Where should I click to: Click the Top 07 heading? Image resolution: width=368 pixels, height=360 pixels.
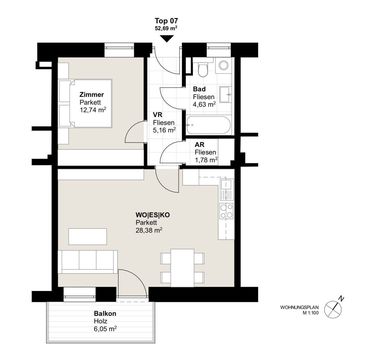(166, 21)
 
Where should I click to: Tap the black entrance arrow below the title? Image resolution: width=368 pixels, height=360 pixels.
(167, 39)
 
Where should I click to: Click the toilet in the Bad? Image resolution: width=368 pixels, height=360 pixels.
(203, 69)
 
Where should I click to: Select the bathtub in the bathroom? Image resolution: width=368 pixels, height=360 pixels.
(208, 125)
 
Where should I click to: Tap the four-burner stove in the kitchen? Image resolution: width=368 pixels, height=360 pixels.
(226, 211)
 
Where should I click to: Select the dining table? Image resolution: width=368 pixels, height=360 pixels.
(182, 268)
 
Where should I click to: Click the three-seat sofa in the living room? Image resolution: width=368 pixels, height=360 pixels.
(88, 262)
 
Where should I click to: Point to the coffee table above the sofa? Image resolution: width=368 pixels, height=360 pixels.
(88, 237)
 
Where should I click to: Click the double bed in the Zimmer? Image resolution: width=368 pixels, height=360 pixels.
(85, 103)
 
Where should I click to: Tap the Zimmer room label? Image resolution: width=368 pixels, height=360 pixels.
(92, 95)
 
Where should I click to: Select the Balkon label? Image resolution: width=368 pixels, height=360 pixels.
(105, 314)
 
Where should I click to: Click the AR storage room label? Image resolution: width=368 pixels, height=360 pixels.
(199, 145)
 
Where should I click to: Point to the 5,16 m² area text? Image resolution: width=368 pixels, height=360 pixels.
(164, 130)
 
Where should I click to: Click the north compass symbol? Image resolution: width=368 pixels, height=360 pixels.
(333, 309)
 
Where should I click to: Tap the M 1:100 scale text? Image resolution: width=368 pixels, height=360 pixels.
(311, 313)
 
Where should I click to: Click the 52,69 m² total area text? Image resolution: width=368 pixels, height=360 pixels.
(166, 28)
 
